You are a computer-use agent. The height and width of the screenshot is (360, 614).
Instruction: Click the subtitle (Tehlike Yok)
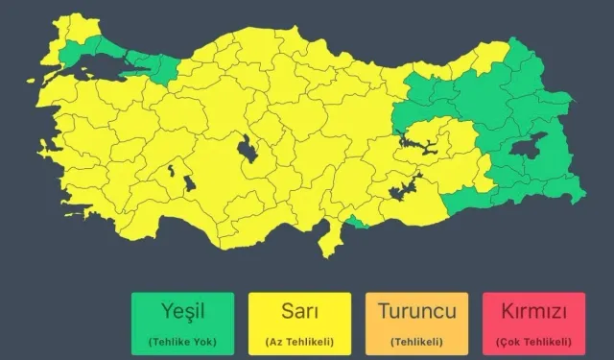coord(181,342)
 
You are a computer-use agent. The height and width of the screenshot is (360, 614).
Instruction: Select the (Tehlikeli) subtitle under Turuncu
coord(416,342)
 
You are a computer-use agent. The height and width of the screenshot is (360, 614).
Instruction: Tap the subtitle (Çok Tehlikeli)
coord(535,342)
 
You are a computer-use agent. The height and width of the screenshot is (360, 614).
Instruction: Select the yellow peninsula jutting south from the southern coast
coord(330,240)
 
